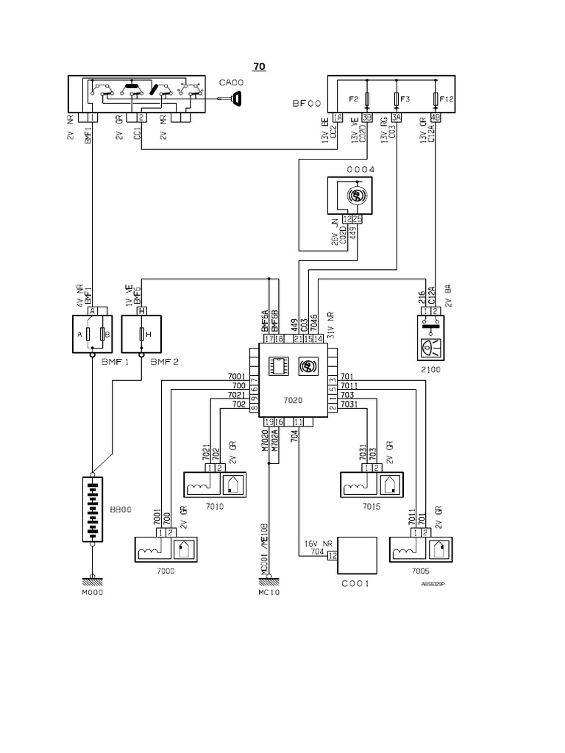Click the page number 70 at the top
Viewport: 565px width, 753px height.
[x=259, y=66]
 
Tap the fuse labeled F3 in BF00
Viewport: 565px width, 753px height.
[x=397, y=98]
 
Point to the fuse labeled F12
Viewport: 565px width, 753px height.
[x=436, y=98]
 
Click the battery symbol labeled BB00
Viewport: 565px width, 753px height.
[x=92, y=509]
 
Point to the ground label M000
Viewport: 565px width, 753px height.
[x=92, y=590]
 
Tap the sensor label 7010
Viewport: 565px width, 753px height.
[x=215, y=507]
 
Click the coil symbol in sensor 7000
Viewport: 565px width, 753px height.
[x=150, y=549]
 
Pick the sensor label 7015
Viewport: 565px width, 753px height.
[x=372, y=507]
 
